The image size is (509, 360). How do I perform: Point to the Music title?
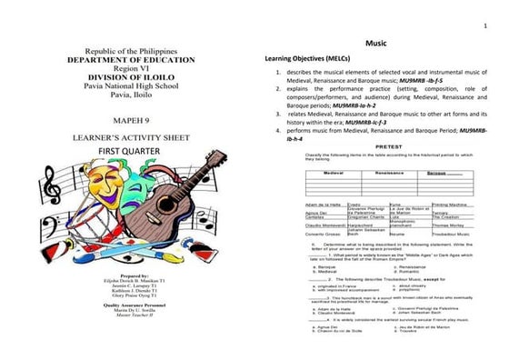(376, 44)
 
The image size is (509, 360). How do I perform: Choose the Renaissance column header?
(389, 172)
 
